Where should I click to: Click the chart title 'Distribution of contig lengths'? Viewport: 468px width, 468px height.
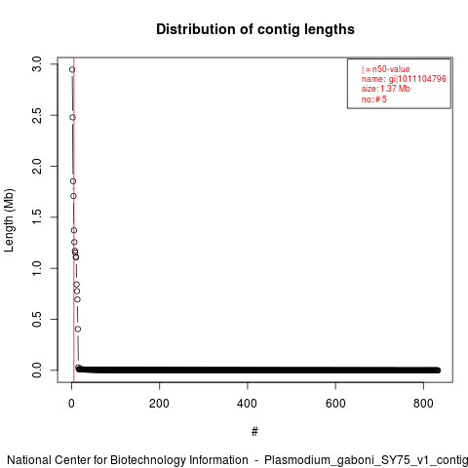pyautogui.click(x=255, y=29)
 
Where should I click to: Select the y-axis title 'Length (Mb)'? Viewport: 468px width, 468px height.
pyautogui.click(x=10, y=220)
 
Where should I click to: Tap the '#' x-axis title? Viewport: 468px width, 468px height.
pyautogui.click(x=254, y=432)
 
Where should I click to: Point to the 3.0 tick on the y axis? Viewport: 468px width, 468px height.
pyautogui.click(x=37, y=64)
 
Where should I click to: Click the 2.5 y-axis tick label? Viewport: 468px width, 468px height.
pyautogui.click(x=37, y=115)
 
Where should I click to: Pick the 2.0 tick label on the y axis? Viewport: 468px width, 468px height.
pyautogui.click(x=37, y=166)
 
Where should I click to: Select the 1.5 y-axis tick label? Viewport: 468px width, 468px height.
pyautogui.click(x=37, y=217)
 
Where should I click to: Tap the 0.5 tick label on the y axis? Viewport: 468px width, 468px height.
pyautogui.click(x=37, y=319)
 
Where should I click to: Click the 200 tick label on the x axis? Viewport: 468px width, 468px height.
pyautogui.click(x=159, y=404)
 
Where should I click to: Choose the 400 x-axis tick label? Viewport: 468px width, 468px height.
pyautogui.click(x=248, y=404)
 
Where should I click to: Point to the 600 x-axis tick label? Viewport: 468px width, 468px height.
pyautogui.click(x=335, y=404)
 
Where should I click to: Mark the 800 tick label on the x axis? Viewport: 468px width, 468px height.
pyautogui.click(x=423, y=404)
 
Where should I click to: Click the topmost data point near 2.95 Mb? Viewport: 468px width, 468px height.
pyautogui.click(x=72, y=69)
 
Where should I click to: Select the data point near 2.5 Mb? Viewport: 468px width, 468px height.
pyautogui.click(x=72, y=117)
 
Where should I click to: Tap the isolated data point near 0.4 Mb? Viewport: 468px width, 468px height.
pyautogui.click(x=78, y=330)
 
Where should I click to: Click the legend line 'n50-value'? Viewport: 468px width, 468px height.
pyautogui.click(x=386, y=69)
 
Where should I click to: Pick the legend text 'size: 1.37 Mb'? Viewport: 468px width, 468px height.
pyautogui.click(x=386, y=89)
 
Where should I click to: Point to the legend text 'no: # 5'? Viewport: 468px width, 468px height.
pyautogui.click(x=374, y=99)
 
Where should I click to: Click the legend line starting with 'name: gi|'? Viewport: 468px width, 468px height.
pyautogui.click(x=404, y=79)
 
